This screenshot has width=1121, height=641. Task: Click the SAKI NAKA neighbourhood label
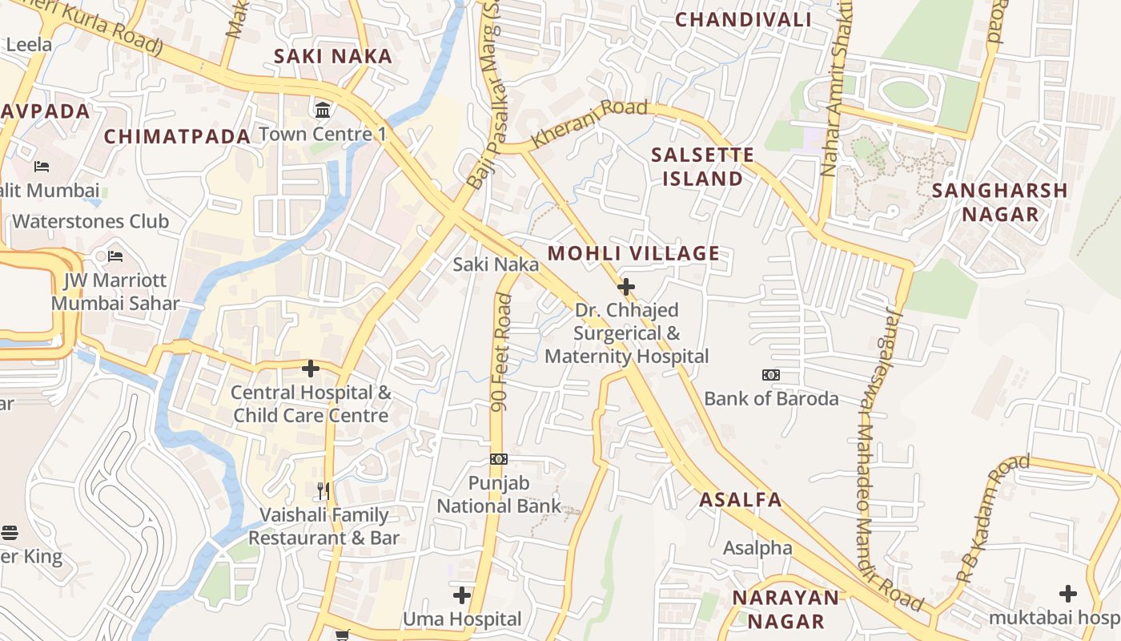(333, 56)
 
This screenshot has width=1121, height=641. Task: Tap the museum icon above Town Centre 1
(323, 110)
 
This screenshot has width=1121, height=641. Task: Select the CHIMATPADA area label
(178, 136)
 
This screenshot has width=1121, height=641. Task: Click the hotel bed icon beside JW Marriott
(115, 256)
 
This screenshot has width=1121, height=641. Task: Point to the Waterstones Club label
(90, 221)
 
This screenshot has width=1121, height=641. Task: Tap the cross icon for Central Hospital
(311, 369)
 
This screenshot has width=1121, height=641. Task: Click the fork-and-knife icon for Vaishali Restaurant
(323, 490)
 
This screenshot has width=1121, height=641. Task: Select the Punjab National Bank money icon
(499, 459)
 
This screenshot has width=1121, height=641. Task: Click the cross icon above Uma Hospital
(462, 595)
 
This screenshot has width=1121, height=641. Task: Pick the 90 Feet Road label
(502, 353)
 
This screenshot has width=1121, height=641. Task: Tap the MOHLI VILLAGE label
(633, 254)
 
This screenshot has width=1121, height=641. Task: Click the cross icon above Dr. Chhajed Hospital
(626, 286)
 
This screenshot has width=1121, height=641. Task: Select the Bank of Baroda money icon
(771, 374)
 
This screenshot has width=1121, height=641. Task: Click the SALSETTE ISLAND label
(702, 167)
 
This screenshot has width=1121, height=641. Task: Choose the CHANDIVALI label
(743, 19)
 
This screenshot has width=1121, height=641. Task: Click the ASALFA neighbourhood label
(740, 500)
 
